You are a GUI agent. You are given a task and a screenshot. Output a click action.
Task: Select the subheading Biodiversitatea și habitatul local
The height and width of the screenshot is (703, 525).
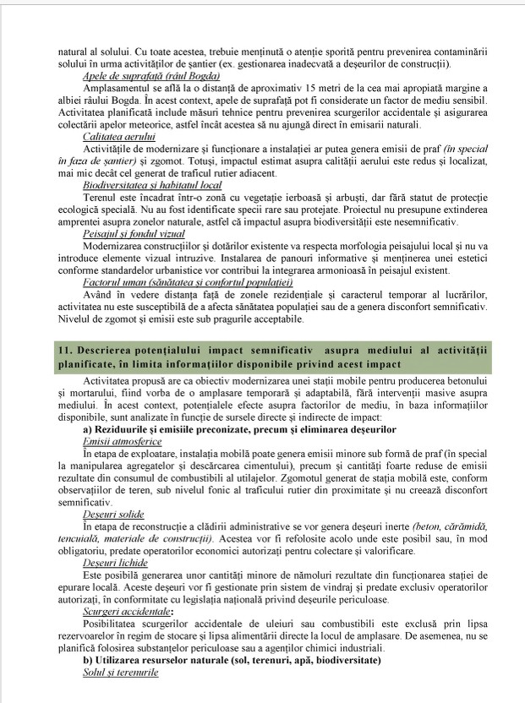[x=152, y=183]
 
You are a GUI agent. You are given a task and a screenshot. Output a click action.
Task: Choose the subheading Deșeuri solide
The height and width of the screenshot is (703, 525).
[x=113, y=513]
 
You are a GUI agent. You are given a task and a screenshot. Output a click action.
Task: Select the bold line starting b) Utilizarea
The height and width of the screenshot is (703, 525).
[x=232, y=659]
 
